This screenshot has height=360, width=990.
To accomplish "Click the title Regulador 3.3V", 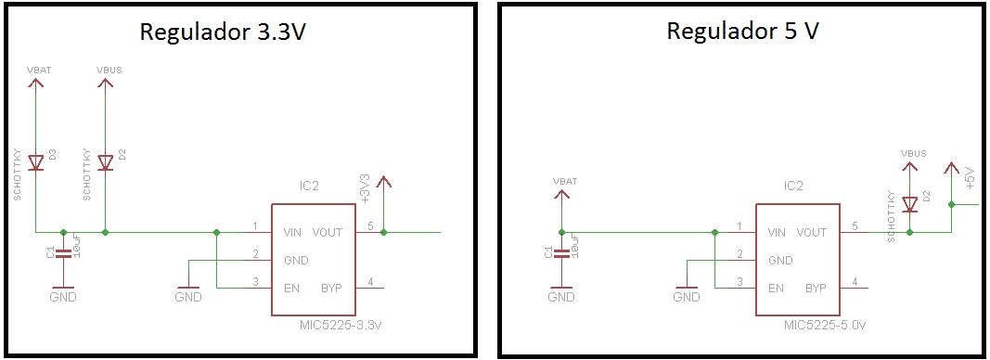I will (x=222, y=32).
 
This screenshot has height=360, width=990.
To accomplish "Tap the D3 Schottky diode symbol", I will (x=35, y=163).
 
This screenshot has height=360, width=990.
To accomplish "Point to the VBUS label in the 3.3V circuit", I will (x=109, y=70).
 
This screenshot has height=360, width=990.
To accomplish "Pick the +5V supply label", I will (x=969, y=176).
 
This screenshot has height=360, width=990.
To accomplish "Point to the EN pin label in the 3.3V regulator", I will (x=292, y=288).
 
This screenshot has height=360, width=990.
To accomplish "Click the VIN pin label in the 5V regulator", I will (x=778, y=232).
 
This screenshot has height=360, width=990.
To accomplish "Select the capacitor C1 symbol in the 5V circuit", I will (x=560, y=252).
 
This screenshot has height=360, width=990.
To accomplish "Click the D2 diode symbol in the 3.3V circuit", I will (x=105, y=163).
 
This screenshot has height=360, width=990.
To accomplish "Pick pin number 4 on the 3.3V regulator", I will (x=370, y=282).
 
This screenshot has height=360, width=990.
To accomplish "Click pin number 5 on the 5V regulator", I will (x=855, y=226).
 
